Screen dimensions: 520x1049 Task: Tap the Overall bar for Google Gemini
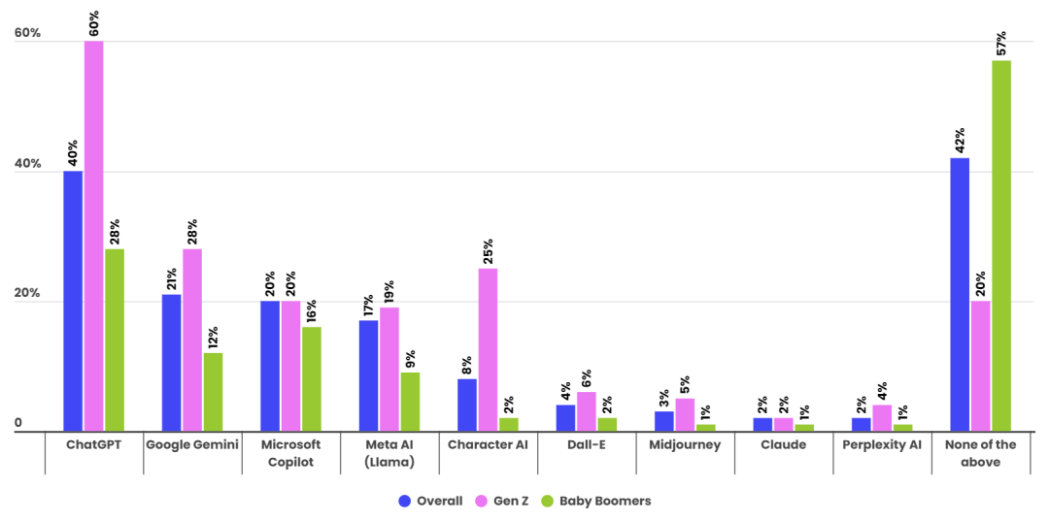click(x=171, y=363)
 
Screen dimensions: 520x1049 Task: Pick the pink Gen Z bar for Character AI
click(x=488, y=349)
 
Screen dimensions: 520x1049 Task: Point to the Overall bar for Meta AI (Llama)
click(x=368, y=375)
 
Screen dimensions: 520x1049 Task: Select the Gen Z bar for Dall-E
click(x=586, y=411)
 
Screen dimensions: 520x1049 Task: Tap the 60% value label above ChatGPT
click(x=94, y=23)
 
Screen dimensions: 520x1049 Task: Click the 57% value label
click(x=1001, y=43)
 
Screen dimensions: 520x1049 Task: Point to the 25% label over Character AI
click(x=488, y=250)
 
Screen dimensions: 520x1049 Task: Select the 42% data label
click(x=960, y=140)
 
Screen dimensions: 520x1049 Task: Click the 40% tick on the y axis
click(x=27, y=164)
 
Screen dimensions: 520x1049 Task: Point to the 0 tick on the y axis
click(x=18, y=424)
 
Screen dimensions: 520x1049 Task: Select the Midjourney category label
click(x=685, y=445)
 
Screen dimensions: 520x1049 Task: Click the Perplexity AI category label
click(x=882, y=445)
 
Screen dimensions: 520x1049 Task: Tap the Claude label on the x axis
click(x=783, y=445)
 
